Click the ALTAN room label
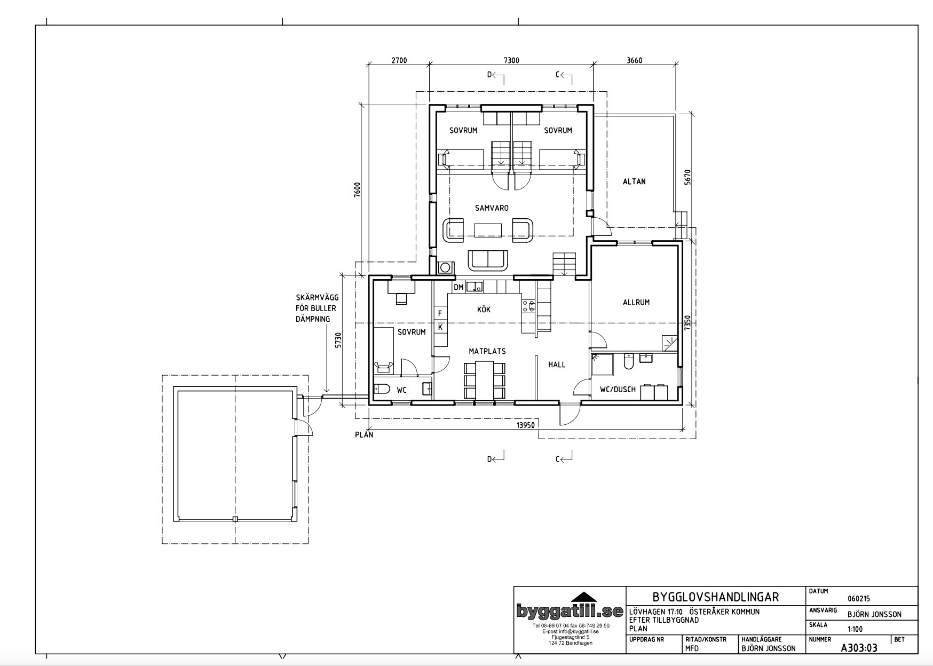(634, 181)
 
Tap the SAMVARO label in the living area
(492, 208)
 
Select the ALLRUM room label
(636, 302)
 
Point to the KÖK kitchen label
(484, 310)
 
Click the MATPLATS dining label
(487, 351)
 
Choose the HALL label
(557, 364)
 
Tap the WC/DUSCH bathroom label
(618, 390)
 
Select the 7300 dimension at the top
(511, 60)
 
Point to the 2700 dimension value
(399, 60)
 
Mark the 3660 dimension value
(634, 60)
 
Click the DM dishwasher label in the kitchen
(458, 287)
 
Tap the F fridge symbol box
(441, 313)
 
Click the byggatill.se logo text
(570, 612)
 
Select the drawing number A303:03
(859, 648)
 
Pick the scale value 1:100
(855, 629)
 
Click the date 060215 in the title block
(858, 599)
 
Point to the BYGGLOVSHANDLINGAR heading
(716, 597)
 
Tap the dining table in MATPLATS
(485, 380)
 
